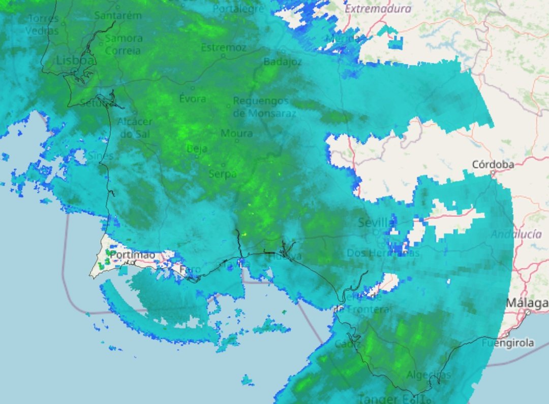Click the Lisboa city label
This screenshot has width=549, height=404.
(x=75, y=61)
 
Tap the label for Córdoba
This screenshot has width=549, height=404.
(x=493, y=164)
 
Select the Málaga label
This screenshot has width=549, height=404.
(x=527, y=304)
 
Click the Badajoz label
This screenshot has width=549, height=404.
(x=283, y=62)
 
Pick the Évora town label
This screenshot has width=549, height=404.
(x=193, y=98)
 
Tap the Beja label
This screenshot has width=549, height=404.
(x=197, y=149)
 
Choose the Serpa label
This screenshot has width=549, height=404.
(x=223, y=174)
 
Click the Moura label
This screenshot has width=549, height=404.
(x=236, y=133)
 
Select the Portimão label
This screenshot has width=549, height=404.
(x=132, y=254)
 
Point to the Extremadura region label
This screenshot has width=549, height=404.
(x=378, y=9)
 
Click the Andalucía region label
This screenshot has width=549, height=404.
(x=516, y=234)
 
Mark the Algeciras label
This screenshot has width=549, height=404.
(x=429, y=375)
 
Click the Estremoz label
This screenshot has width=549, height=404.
(x=224, y=47)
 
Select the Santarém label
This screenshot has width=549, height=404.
(x=118, y=15)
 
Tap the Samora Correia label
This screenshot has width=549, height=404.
(x=124, y=44)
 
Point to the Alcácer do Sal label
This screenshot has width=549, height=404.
(x=135, y=127)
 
